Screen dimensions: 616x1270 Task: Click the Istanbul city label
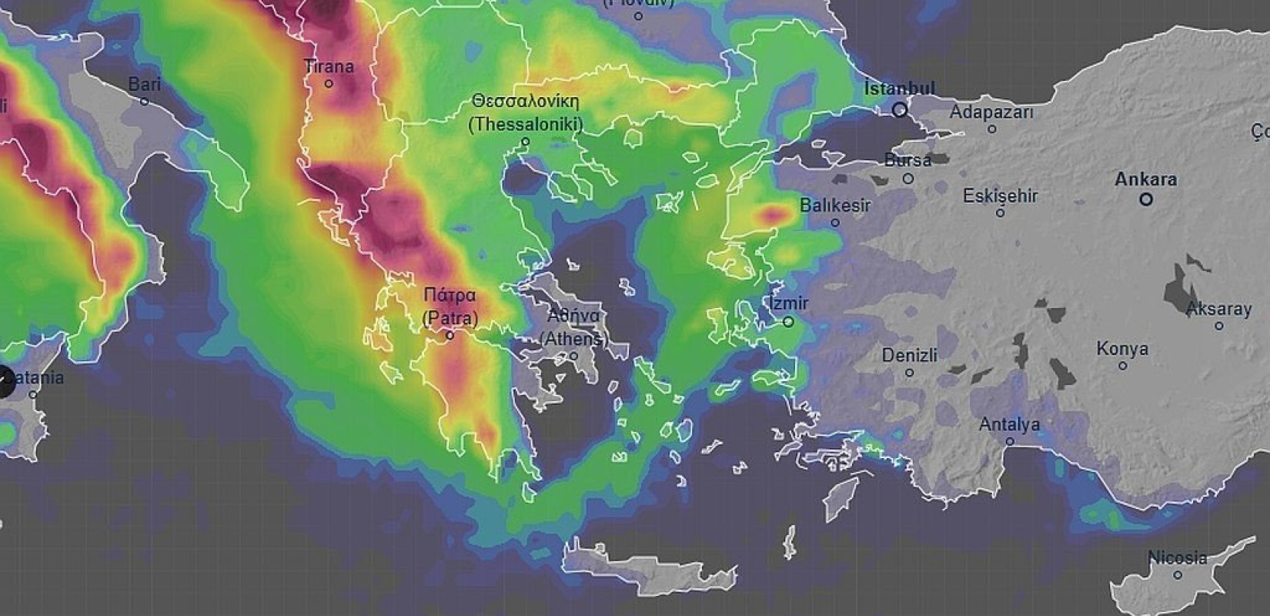tap(899, 89)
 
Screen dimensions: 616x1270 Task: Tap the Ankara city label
tap(1145, 179)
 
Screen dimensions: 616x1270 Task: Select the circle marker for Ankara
tap(1146, 199)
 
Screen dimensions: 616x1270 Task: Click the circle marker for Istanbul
tap(899, 110)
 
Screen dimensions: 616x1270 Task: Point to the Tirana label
tap(329, 66)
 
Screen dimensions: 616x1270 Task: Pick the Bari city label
tap(144, 84)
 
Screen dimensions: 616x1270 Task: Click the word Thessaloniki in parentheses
tap(525, 123)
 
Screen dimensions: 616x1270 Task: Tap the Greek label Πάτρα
tap(450, 295)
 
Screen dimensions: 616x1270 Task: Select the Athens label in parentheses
tap(573, 338)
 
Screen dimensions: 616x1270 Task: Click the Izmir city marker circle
tap(788, 322)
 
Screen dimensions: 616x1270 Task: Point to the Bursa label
tap(907, 160)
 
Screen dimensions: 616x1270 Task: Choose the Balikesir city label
tap(835, 206)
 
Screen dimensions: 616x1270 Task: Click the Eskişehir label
tap(1000, 196)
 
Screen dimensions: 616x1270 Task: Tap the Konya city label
tap(1122, 349)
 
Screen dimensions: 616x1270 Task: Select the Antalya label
tap(1009, 424)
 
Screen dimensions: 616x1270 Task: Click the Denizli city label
tap(909, 356)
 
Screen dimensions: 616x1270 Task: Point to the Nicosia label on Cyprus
tap(1177, 557)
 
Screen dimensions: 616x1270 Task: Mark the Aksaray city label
tap(1218, 309)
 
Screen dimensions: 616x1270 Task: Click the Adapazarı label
tap(991, 112)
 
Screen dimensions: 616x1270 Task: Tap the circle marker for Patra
tap(450, 336)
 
